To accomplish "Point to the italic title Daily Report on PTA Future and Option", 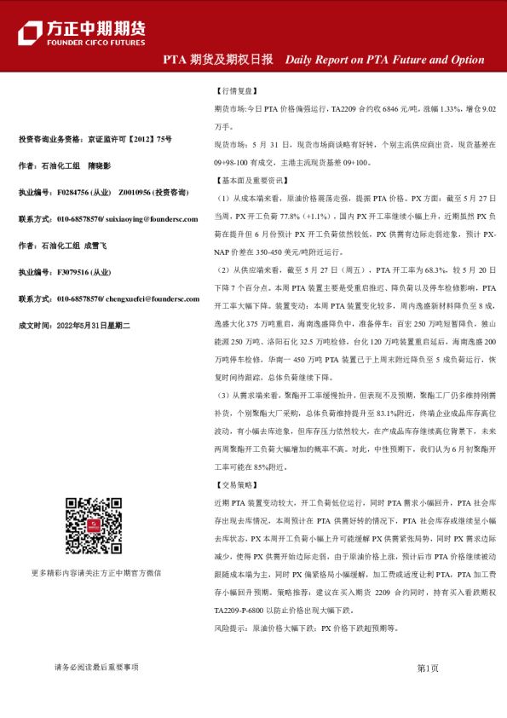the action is [x=384, y=61].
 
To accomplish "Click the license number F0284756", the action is [x=72, y=193].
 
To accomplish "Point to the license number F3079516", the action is [x=72, y=273].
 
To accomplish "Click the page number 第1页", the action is [x=428, y=668].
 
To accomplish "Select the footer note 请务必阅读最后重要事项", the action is [x=96, y=668].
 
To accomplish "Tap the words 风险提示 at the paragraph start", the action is [x=230, y=628].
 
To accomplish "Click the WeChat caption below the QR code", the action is [x=108, y=573].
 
